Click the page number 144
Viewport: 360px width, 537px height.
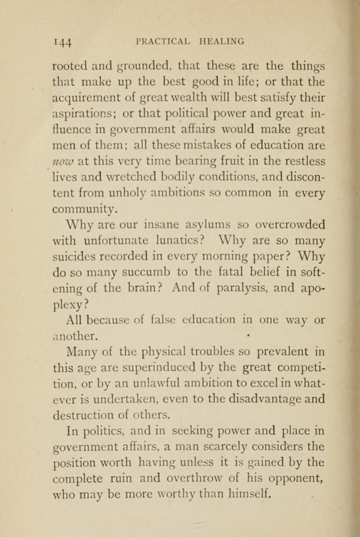pyautogui.click(x=63, y=41)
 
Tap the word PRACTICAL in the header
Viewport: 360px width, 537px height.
pyautogui.click(x=163, y=41)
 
